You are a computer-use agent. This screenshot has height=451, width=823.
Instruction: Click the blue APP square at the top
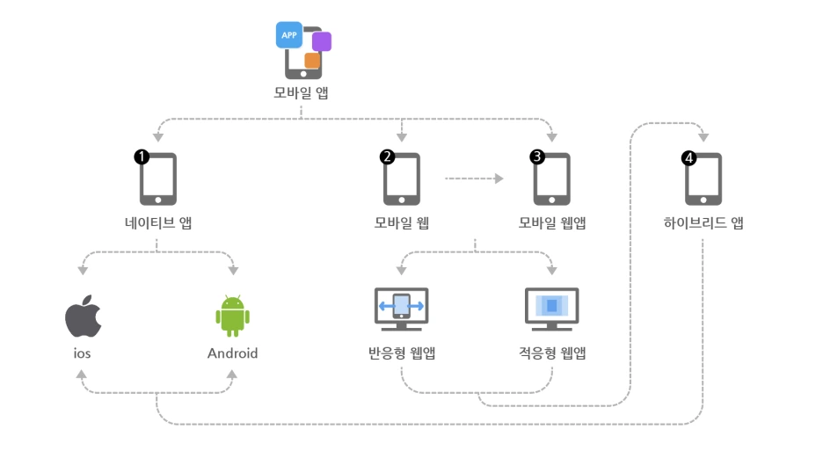(x=289, y=34)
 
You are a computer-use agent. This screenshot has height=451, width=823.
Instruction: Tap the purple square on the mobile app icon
(x=322, y=41)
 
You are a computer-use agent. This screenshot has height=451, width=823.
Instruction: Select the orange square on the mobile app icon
(x=312, y=61)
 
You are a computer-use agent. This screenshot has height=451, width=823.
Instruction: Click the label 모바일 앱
(x=301, y=93)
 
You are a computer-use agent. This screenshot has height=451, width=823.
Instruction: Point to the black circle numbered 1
(x=142, y=156)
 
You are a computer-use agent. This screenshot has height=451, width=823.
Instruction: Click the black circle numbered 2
(x=388, y=156)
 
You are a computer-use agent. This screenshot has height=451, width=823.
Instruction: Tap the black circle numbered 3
(x=537, y=156)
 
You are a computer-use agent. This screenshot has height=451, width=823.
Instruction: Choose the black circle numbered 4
(x=688, y=158)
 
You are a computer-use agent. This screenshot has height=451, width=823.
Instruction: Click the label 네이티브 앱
(x=158, y=223)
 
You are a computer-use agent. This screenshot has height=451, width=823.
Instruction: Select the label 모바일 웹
(x=402, y=223)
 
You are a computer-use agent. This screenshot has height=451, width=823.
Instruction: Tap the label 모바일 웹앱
(x=552, y=223)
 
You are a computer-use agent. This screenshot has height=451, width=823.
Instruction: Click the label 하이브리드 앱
(x=703, y=223)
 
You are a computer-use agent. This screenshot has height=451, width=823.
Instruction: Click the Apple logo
(x=83, y=316)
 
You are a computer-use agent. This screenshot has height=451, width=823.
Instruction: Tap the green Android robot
(x=232, y=316)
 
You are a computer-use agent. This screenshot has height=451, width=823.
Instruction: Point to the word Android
(x=232, y=353)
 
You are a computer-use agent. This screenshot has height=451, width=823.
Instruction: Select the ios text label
(x=82, y=353)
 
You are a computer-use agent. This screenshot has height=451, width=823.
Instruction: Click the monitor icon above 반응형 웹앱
(x=402, y=309)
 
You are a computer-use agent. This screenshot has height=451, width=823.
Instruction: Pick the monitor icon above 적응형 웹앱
(x=551, y=309)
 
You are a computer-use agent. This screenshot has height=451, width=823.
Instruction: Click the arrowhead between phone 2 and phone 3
(x=499, y=178)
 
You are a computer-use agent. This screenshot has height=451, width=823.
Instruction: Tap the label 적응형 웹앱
(x=552, y=353)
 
